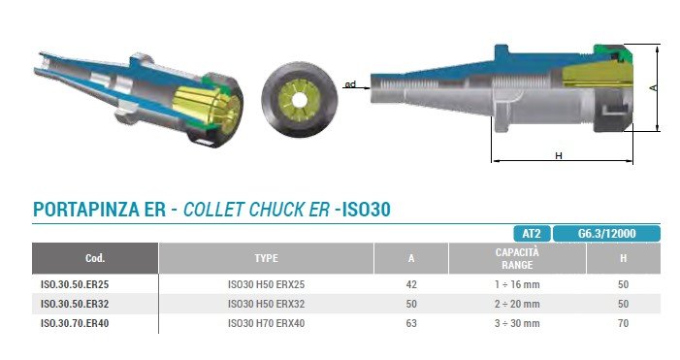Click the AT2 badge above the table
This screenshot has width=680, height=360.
(x=532, y=234)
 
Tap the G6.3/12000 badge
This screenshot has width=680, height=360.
(x=606, y=234)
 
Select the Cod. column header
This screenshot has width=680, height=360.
(x=95, y=258)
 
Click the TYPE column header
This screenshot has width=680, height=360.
(x=266, y=258)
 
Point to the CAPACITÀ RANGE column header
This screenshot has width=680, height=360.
(x=517, y=258)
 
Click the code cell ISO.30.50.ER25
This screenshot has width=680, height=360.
(x=75, y=284)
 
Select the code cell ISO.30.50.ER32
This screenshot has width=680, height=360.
(x=75, y=304)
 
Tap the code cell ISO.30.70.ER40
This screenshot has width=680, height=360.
(x=75, y=323)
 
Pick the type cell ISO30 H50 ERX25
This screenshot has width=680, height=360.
(x=266, y=284)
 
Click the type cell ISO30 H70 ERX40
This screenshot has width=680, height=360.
(x=266, y=323)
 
